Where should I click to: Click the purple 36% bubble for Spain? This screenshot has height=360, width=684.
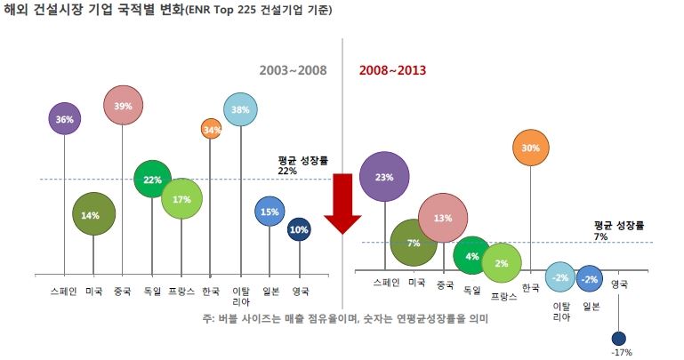[65, 118]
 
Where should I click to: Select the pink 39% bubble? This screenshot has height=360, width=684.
[124, 106]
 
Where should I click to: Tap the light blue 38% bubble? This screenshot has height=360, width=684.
[241, 111]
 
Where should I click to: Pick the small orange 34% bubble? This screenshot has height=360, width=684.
[211, 130]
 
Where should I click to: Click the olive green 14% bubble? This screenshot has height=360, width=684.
[93, 214]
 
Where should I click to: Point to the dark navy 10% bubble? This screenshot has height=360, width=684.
[299, 229]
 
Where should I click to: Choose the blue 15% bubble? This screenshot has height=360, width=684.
[270, 212]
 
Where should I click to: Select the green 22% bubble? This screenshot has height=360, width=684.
[152, 180]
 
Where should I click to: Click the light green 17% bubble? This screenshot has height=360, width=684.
[181, 199]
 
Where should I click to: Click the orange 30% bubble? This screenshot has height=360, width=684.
[531, 148]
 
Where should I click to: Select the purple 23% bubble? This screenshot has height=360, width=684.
[384, 177]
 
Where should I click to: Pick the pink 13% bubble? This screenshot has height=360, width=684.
[444, 218]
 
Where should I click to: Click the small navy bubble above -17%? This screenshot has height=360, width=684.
[619, 338]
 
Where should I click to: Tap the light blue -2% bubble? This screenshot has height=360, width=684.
[559, 277]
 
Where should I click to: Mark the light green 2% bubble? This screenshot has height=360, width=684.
[502, 263]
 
